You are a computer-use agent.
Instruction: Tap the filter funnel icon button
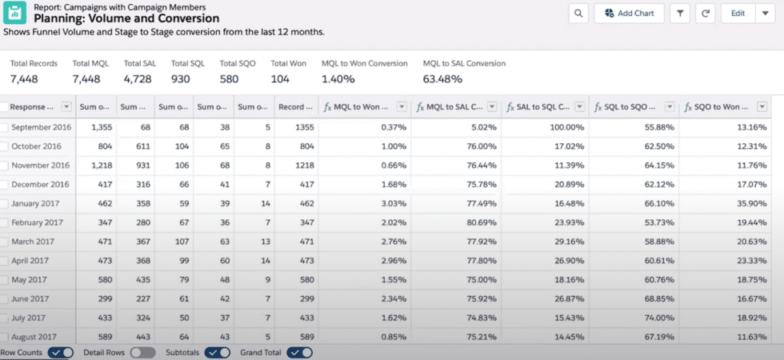680,13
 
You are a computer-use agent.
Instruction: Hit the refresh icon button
706,13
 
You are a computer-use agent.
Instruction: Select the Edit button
737,13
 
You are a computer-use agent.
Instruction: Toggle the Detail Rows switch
142,352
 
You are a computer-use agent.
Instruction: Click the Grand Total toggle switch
300,352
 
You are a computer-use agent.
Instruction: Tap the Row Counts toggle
61,352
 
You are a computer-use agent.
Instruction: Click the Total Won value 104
280,78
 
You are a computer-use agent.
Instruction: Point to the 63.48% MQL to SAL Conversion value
442,78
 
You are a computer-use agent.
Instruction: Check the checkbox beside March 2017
4,242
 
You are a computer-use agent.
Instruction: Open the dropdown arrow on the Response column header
66,106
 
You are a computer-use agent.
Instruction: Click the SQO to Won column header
717,106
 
